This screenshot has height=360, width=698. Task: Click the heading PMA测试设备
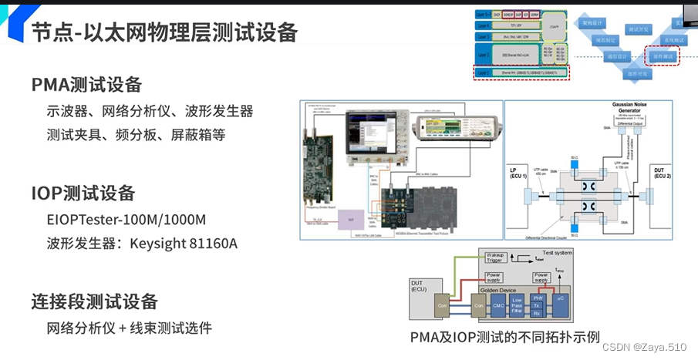point(86,84)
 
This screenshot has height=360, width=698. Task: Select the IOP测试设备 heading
point(83,193)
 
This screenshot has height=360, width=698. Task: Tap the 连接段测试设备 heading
point(94,301)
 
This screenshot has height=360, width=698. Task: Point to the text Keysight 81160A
point(186,244)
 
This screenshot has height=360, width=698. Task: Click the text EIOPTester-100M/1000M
point(126,219)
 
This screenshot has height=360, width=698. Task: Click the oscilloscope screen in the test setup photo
point(369,127)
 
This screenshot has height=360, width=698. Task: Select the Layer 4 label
point(483,25)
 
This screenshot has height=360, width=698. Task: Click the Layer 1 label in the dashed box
point(483,73)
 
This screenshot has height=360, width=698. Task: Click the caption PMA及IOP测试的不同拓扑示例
point(504,338)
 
